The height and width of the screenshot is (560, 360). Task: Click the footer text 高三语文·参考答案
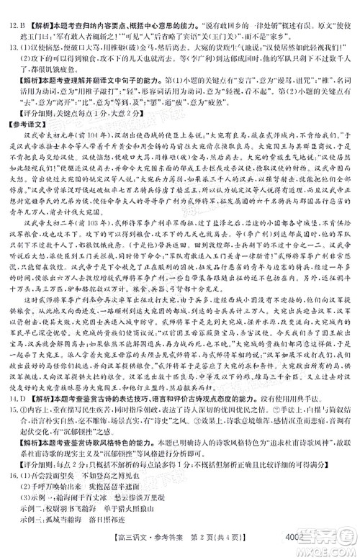pos(148,551)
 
